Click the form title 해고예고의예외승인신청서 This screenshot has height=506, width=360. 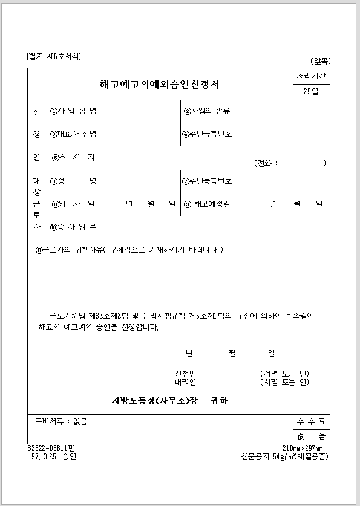coord(160,84)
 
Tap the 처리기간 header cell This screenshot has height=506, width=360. coord(310,77)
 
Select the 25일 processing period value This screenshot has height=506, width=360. coord(310,92)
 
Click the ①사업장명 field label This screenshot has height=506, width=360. coord(74,111)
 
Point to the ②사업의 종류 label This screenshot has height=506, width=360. coord(207,111)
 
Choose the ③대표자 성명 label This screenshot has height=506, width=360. coord(74,134)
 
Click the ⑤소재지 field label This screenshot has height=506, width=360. coord(74,157)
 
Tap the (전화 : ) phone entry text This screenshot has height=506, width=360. coord(290,163)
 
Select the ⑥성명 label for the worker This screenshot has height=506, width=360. coord(74,181)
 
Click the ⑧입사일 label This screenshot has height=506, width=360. coord(74,204)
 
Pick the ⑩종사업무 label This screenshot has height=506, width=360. coord(74,227)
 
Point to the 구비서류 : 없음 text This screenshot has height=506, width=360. coord(61,422)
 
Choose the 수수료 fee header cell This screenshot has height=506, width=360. coord(310,422)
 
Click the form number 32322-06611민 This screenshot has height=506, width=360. coord(51,449)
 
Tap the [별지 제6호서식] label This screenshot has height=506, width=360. coord(54,57)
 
